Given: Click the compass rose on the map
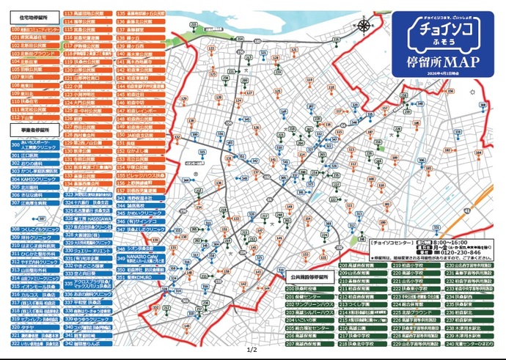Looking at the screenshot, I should [364, 24].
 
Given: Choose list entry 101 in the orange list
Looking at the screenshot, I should [34, 37].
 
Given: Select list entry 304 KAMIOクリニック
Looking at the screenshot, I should [34, 179].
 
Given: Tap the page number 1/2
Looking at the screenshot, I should [253, 350].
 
